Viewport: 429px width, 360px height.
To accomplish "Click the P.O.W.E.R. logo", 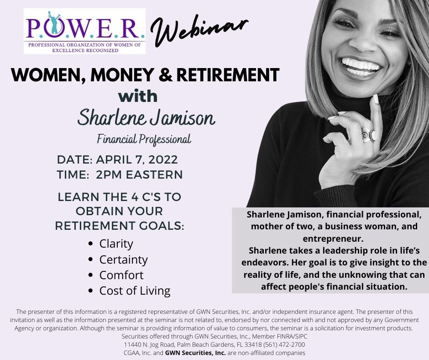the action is pos(84,31).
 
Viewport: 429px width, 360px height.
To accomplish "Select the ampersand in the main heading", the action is pos(165,75).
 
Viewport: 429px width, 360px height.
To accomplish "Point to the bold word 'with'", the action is pos(138,96).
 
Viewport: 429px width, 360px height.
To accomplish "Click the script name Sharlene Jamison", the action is pos(146,118).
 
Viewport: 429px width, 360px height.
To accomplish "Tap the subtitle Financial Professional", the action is pos(144,139).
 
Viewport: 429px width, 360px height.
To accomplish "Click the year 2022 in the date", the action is pos(163,160).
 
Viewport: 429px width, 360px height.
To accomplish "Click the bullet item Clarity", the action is pos(116,244).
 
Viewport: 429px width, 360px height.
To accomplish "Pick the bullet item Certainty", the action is pos(123,259).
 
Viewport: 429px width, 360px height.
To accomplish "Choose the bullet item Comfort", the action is pos(121,275).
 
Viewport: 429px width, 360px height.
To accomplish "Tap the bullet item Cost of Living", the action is pos(135,291).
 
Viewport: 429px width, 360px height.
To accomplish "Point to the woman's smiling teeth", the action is pos(361,65).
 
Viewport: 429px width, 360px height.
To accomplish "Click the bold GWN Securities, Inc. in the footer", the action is pos(195,353).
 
